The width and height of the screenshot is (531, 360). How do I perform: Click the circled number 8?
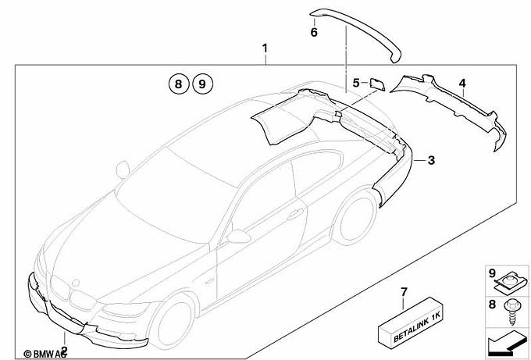[179, 84]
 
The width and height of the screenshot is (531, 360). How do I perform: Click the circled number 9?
[202, 84]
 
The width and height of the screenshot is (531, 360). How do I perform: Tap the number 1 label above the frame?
[265, 48]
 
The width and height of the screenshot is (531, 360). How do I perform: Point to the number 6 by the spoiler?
[314, 33]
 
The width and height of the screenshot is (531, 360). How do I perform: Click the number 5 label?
[356, 83]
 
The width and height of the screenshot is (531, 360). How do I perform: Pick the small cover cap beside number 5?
[376, 84]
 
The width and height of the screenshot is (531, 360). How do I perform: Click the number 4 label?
[462, 83]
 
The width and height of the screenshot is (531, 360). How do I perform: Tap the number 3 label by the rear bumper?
[431, 160]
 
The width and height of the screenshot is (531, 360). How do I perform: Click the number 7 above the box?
[404, 292]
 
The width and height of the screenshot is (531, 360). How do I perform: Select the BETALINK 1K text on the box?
[417, 327]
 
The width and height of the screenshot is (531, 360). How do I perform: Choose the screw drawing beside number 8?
[511, 312]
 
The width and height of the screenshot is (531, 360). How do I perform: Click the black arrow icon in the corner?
[506, 343]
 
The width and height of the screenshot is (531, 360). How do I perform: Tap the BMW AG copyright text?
[45, 354]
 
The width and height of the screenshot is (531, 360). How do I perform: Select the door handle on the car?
[294, 215]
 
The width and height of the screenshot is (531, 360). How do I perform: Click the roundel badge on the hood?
[76, 283]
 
